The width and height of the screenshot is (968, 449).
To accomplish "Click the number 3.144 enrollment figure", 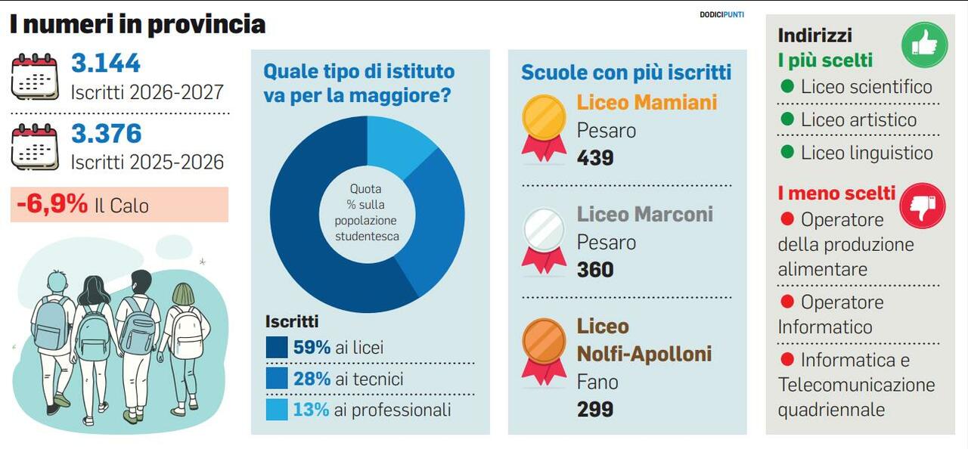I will [x=106, y=63].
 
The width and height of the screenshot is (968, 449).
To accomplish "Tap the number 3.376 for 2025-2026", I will [x=106, y=134].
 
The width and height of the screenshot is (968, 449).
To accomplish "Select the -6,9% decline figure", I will [x=52, y=204].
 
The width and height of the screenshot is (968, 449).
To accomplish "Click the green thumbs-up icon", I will [x=924, y=45].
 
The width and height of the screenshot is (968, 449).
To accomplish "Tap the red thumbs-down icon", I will [x=922, y=206].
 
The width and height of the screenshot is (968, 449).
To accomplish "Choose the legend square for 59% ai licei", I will [x=277, y=348].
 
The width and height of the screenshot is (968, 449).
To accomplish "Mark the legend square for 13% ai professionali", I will [x=277, y=410].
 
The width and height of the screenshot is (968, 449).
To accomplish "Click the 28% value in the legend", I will [x=312, y=379].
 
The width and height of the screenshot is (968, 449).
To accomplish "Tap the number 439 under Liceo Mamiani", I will [x=595, y=158].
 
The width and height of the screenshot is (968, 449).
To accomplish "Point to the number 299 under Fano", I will [x=595, y=409].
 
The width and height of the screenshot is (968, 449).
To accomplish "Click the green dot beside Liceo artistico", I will [x=787, y=119].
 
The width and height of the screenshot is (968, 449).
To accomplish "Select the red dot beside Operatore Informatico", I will [x=787, y=302].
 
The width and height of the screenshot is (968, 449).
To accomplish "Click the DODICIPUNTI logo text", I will [x=721, y=14].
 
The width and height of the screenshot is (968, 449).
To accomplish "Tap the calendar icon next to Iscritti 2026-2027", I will [x=35, y=77].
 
